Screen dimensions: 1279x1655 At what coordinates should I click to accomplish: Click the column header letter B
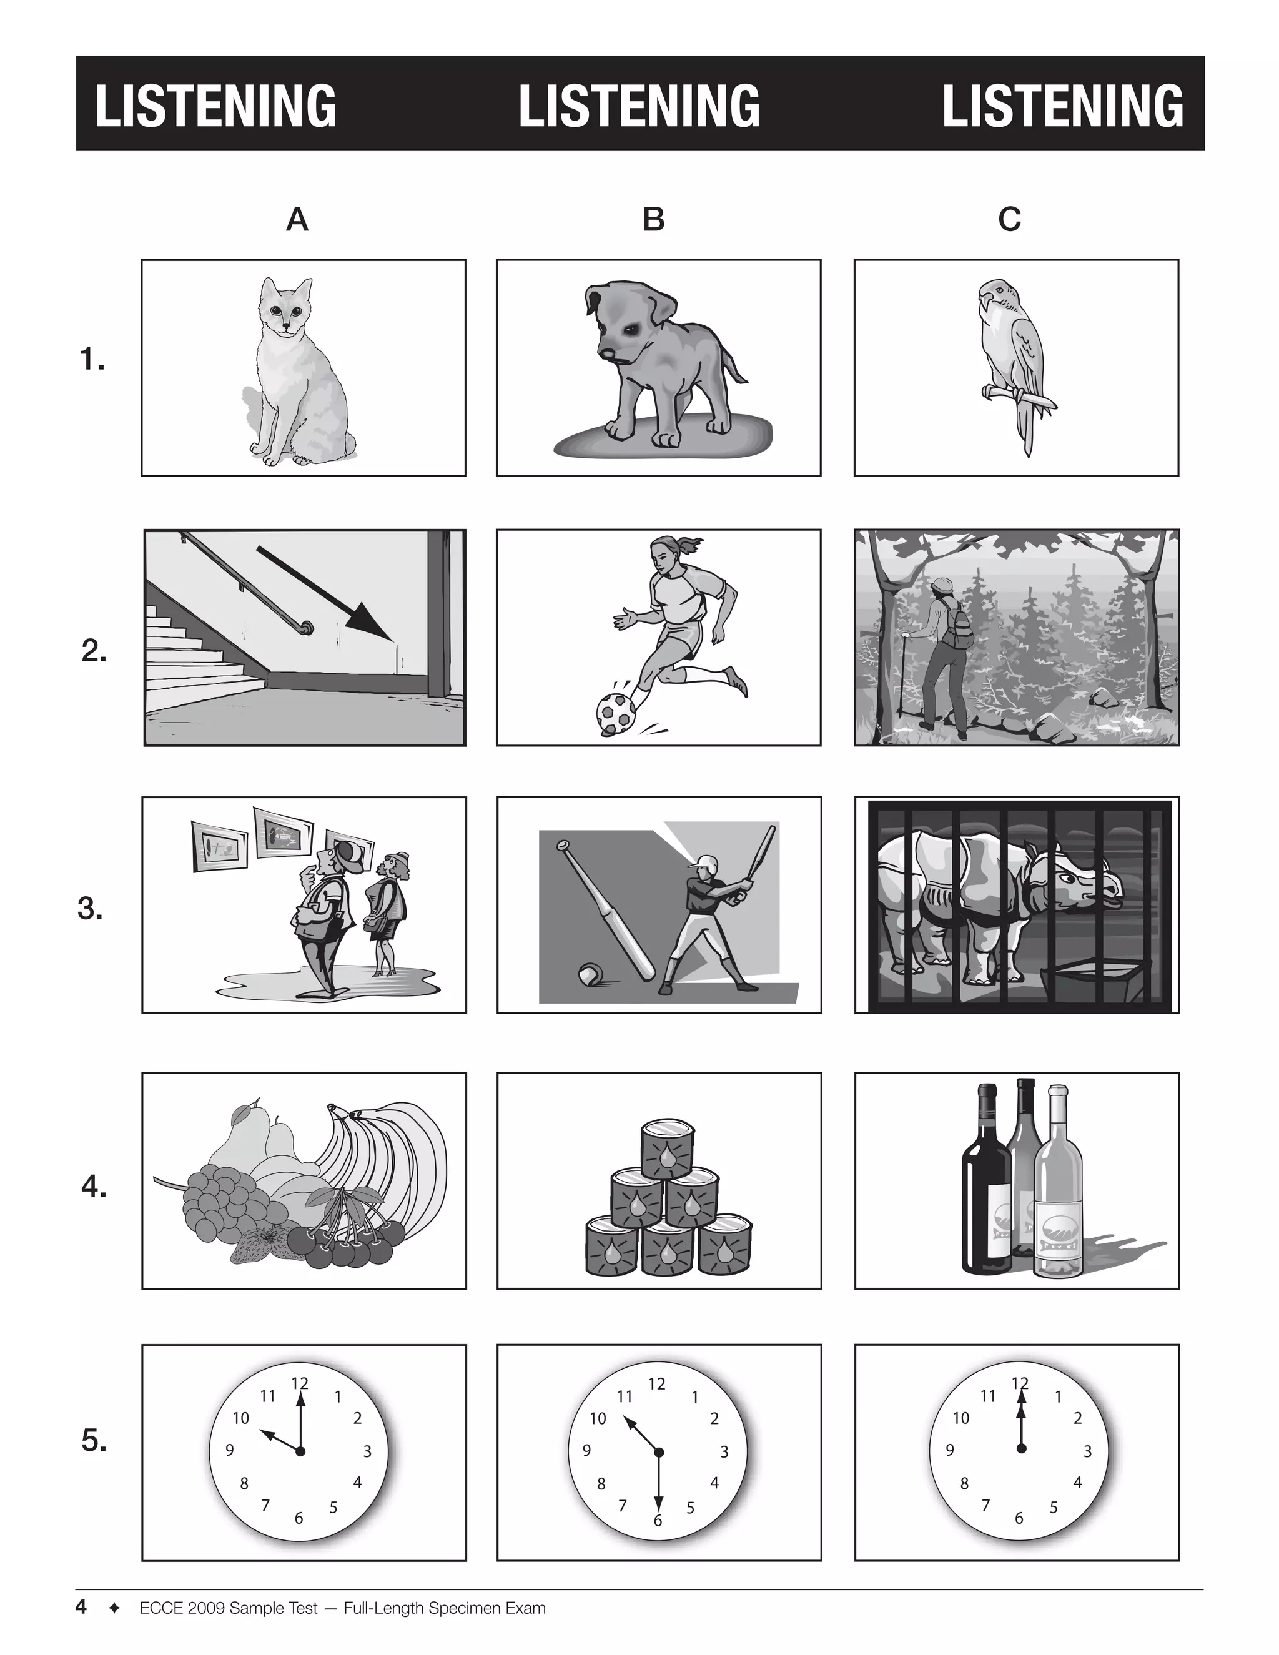click(653, 220)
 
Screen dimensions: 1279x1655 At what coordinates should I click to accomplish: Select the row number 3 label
click(90, 909)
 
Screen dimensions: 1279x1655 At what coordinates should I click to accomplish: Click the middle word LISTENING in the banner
click(639, 106)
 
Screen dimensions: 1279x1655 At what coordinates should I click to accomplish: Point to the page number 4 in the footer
click(81, 1606)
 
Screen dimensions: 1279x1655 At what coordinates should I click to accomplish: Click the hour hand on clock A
click(280, 1441)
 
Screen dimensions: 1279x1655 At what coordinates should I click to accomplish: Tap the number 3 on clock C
click(1087, 1452)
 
